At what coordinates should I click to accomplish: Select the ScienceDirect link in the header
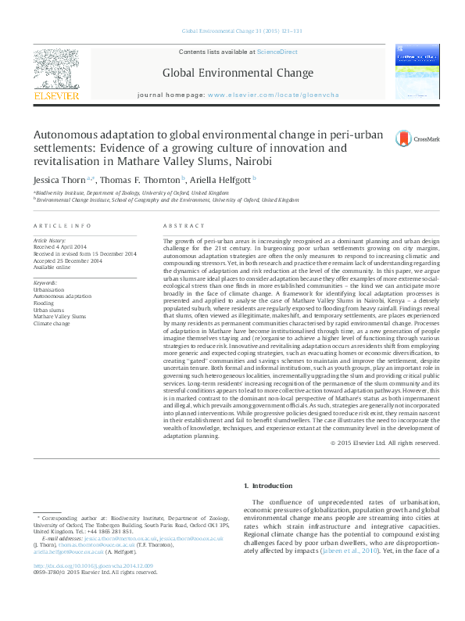coord(277,52)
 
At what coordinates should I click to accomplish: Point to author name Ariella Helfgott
coord(220,179)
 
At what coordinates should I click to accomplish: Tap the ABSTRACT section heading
coord(177,224)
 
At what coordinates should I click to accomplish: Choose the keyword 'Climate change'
coord(52,322)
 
